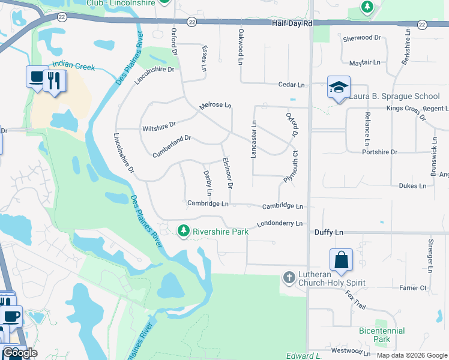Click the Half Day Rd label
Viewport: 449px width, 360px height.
291,23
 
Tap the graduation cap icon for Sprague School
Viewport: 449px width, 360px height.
338,88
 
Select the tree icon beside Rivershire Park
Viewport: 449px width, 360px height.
183,230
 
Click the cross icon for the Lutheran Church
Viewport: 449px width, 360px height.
289,277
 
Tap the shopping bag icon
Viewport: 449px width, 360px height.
340,260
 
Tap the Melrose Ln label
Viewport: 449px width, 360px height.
215,105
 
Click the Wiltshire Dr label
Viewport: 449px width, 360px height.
159,127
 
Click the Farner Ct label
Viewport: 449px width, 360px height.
414,288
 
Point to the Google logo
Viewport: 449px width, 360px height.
20,353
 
